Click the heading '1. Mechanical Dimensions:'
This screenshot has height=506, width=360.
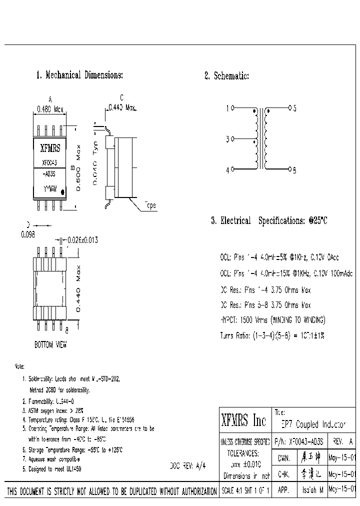click(x=79, y=75)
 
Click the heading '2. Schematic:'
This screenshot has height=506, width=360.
click(x=226, y=76)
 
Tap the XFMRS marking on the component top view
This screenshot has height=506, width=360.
click(x=50, y=148)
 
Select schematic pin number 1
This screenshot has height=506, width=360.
click(x=228, y=108)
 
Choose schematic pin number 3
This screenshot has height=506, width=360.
click(x=228, y=139)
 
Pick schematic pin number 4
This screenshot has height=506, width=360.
click(x=228, y=170)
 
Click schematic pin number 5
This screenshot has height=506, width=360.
click(x=295, y=108)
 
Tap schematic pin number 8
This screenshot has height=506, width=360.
click(x=295, y=170)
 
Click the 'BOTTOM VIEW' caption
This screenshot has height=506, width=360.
click(x=50, y=345)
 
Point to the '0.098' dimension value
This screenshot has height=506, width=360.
click(x=27, y=235)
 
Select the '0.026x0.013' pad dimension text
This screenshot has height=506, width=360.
click(x=79, y=240)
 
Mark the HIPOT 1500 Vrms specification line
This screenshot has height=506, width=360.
click(x=273, y=319)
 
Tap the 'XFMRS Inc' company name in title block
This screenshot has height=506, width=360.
click(x=244, y=421)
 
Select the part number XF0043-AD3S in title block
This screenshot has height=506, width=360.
click(x=299, y=442)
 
